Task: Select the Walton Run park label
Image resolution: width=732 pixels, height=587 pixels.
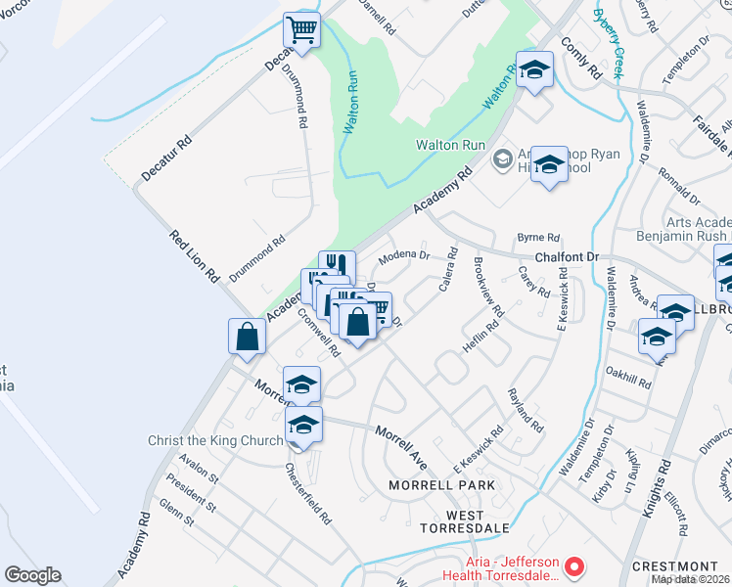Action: tap(450, 144)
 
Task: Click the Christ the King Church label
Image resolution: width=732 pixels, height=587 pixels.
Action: tap(214, 440)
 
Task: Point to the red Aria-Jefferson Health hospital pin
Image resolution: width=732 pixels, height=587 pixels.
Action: tap(576, 565)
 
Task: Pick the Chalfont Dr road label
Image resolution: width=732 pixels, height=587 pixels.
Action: tap(566, 256)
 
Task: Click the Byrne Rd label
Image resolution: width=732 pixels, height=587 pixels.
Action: tap(538, 237)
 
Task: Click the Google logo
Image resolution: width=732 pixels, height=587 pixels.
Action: tap(32, 575)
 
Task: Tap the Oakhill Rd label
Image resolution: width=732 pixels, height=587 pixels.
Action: tap(627, 378)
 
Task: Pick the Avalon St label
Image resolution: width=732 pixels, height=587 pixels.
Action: tap(199, 466)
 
